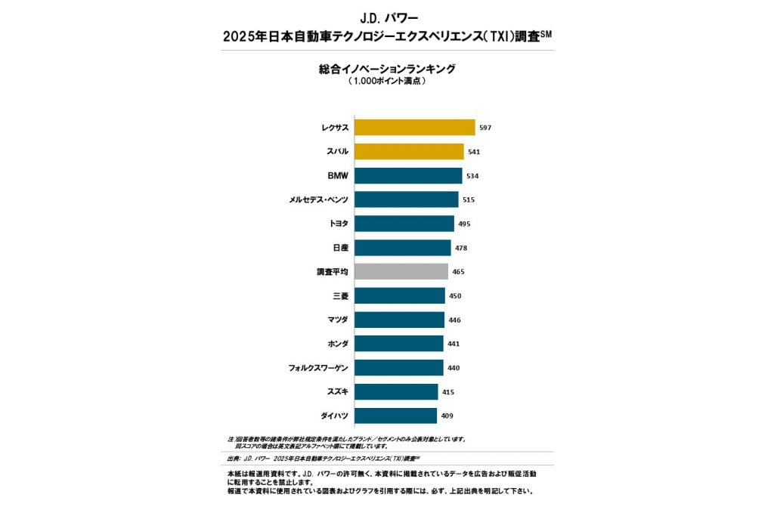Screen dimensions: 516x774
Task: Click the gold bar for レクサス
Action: [x=414, y=128]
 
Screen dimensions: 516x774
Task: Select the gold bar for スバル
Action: [x=409, y=152]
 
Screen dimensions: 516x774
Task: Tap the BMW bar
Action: [x=408, y=176]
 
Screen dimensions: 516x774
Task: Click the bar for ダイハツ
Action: [x=395, y=416]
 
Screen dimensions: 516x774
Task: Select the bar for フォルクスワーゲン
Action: [x=398, y=368]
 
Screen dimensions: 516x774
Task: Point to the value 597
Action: [x=485, y=128]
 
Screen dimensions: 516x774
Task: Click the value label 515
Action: [x=469, y=200]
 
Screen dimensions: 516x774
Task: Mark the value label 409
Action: [x=447, y=416]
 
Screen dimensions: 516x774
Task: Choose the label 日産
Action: [x=340, y=248]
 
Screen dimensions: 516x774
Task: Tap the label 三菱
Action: [x=340, y=296]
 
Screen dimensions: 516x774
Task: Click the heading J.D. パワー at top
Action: [x=386, y=17]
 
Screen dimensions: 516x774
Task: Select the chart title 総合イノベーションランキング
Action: [x=386, y=69]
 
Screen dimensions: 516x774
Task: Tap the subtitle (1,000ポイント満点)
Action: [x=386, y=81]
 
